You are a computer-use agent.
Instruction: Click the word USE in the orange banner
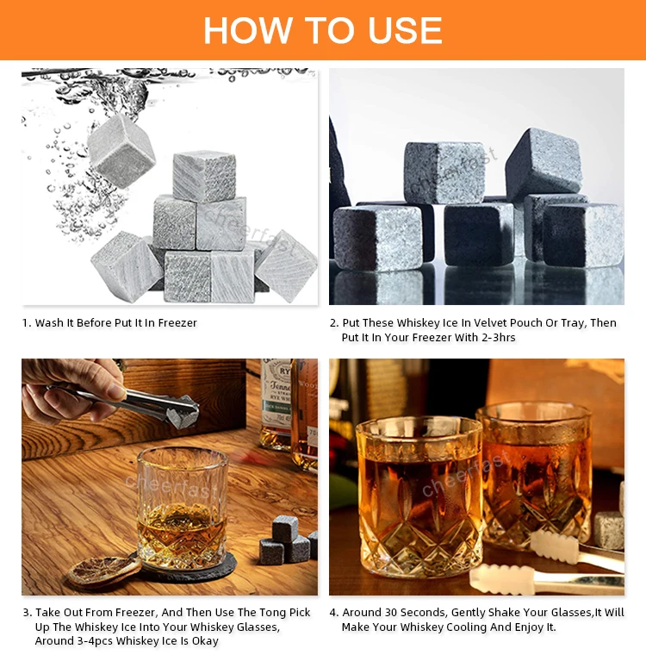(405, 30)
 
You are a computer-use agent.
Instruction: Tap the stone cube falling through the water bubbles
(121, 151)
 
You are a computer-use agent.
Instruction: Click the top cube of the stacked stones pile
(204, 176)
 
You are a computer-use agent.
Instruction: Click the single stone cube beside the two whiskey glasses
(609, 529)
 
